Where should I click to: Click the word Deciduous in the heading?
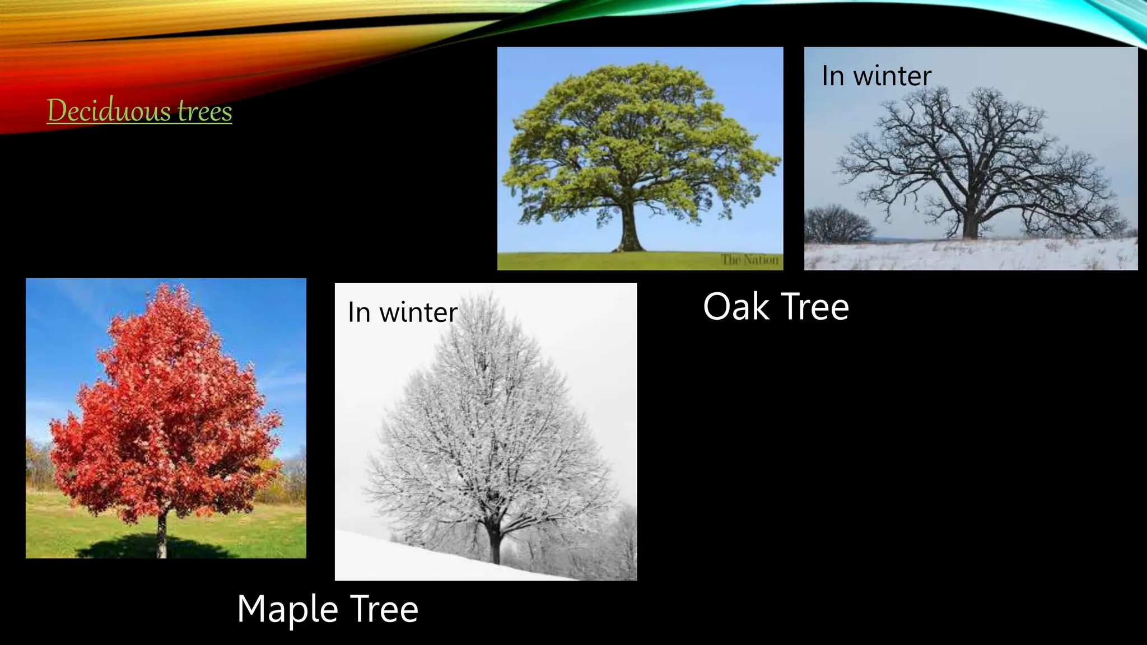tap(110, 110)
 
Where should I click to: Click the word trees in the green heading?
tap(204, 111)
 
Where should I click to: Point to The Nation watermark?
tap(749, 260)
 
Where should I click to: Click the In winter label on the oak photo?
tap(876, 76)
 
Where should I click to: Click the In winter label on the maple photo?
tap(402, 312)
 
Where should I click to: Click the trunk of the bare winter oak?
tap(970, 224)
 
